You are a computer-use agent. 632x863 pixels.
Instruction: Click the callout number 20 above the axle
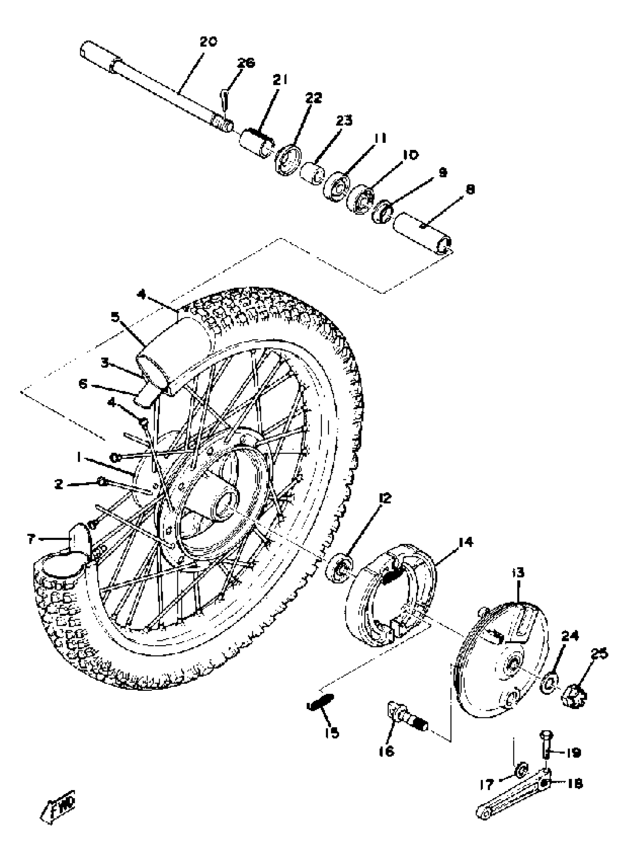[209, 42]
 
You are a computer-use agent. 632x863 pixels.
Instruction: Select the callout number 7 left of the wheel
[31, 540]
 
